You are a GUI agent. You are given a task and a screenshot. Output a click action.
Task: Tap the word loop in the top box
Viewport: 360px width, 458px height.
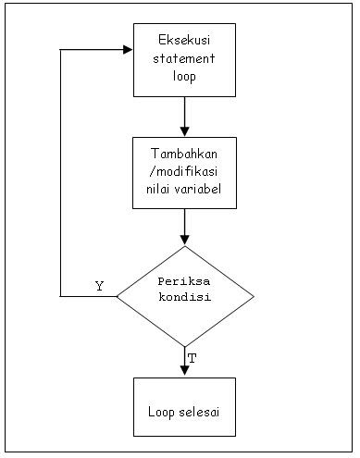click(x=184, y=75)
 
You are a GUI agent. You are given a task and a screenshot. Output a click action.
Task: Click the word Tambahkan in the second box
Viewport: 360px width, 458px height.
click(x=184, y=154)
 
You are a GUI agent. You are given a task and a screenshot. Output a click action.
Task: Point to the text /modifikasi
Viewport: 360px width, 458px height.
click(x=184, y=171)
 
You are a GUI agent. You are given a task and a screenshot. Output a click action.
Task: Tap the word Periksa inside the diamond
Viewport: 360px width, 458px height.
click(x=184, y=281)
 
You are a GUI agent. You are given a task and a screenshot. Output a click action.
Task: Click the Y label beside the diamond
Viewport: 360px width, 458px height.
click(x=99, y=286)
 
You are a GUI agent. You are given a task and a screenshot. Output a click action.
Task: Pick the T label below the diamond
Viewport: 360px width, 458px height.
click(x=192, y=357)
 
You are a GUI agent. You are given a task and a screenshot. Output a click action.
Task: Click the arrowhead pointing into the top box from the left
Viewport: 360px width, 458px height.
click(x=128, y=50)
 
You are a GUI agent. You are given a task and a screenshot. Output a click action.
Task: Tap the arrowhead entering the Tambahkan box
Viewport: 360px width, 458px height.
click(x=184, y=131)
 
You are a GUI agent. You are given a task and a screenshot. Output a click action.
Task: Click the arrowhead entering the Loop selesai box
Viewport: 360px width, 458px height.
click(x=184, y=371)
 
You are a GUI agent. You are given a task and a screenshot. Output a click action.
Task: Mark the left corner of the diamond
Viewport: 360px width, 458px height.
click(x=117, y=296)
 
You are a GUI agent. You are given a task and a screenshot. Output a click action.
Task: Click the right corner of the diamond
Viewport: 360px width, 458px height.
click(x=254, y=296)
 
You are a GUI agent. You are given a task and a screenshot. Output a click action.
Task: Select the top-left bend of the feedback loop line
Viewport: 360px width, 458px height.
click(x=61, y=50)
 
